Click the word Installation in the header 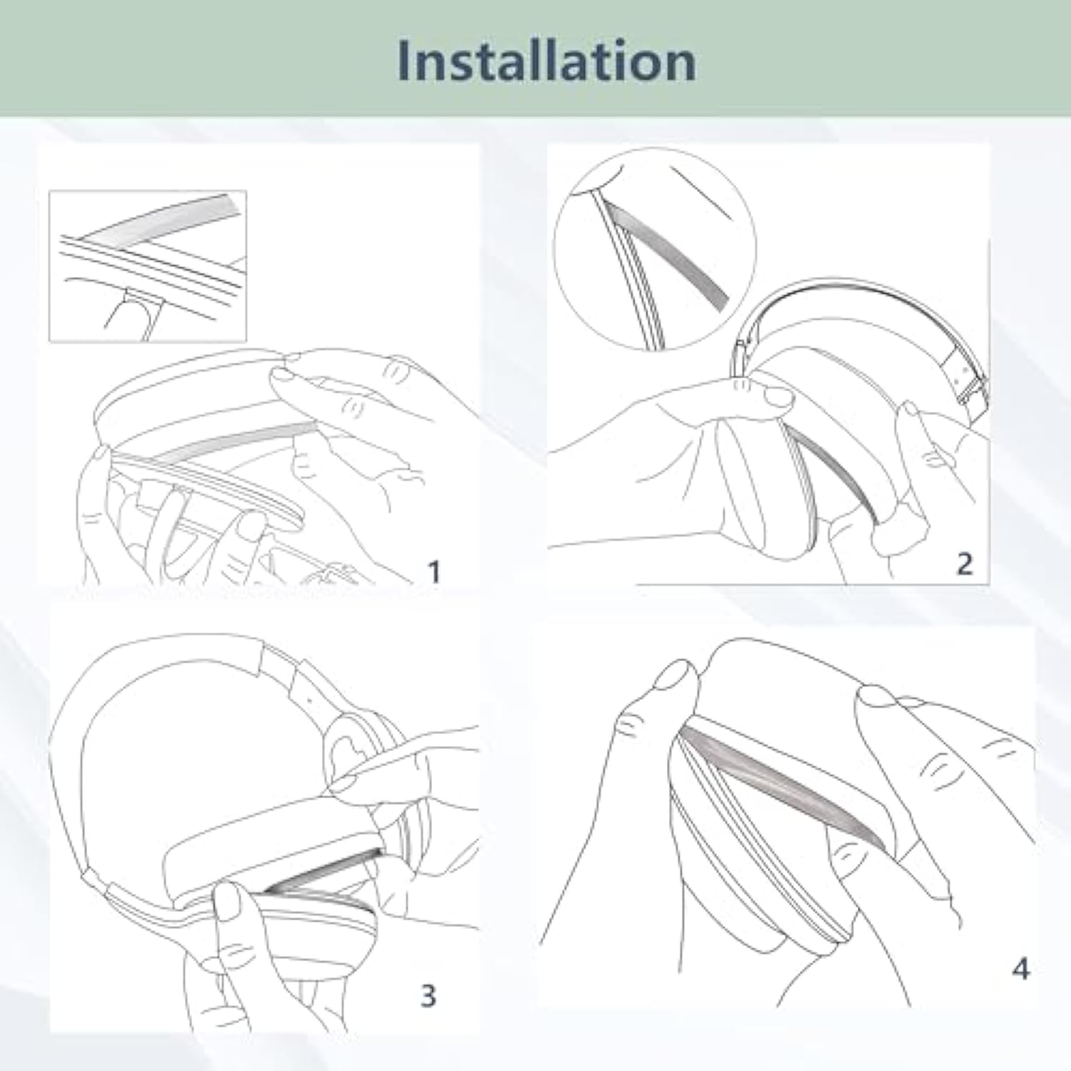coord(546,61)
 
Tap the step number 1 coord(433,571)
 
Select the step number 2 coord(964,564)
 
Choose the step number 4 coord(1021,969)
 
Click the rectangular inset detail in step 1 coord(148,266)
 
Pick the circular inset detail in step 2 coord(655,249)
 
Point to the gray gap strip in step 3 coord(321,873)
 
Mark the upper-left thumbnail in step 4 coord(673,675)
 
